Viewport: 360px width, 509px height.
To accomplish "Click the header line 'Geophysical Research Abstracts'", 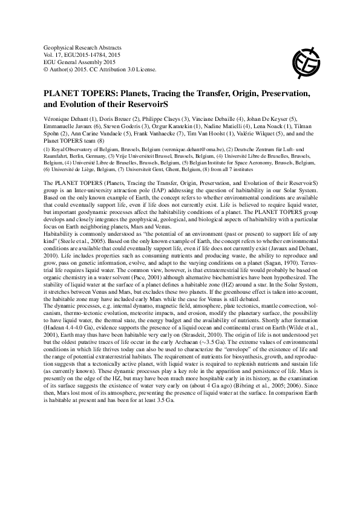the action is pos(83,47).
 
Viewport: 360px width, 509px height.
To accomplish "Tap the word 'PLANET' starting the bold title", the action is pos(61,94).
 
